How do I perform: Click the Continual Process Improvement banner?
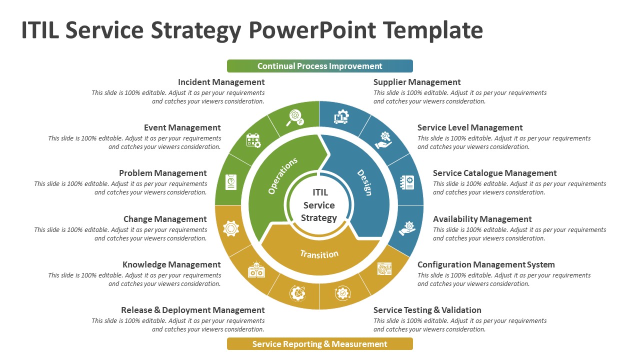tap(320, 66)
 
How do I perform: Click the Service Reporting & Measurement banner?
tap(320, 344)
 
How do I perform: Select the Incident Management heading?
tap(221, 82)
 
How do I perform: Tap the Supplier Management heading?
tap(417, 82)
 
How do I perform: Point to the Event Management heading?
tap(182, 127)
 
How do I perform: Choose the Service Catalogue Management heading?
tap(494, 173)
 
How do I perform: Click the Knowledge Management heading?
tap(171, 264)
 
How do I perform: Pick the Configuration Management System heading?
tap(486, 264)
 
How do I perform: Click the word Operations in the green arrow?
tap(282, 175)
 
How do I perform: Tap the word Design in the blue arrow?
tap(364, 182)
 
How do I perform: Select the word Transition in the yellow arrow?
tap(319, 254)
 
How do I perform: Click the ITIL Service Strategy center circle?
tap(319, 205)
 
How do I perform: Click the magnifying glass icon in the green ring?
tap(294, 117)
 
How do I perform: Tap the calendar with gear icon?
tap(253, 140)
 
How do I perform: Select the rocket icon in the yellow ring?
tap(297, 293)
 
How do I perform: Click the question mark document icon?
tap(231, 182)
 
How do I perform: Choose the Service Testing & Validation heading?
tap(427, 310)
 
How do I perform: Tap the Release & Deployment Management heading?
tap(192, 310)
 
